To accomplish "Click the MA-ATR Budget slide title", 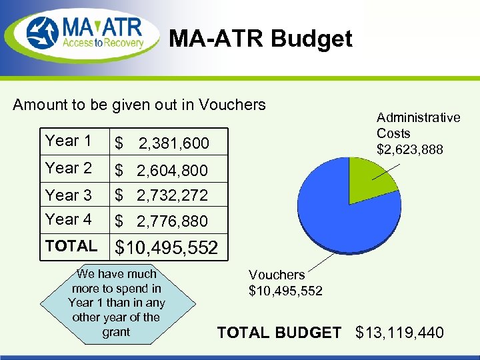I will click(x=260, y=39).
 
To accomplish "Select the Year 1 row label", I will click(x=68, y=141).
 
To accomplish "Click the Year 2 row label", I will click(x=68, y=168).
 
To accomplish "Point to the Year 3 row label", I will click(x=68, y=195).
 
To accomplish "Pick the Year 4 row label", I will click(x=68, y=219).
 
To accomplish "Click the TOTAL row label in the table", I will click(x=71, y=246).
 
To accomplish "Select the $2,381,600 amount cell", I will click(x=162, y=143).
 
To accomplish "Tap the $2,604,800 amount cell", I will click(x=161, y=171).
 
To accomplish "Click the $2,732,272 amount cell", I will click(x=161, y=196).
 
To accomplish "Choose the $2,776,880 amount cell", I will click(x=161, y=221).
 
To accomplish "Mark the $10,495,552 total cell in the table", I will click(x=167, y=248).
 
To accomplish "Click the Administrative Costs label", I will click(x=418, y=133).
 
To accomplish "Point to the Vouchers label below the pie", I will click(x=285, y=283).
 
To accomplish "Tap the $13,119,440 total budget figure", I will click(x=400, y=332).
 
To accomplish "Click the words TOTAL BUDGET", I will click(x=279, y=332).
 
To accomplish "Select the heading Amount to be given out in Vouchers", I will click(x=139, y=105).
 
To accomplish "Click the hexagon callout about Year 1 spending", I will click(x=117, y=303).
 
